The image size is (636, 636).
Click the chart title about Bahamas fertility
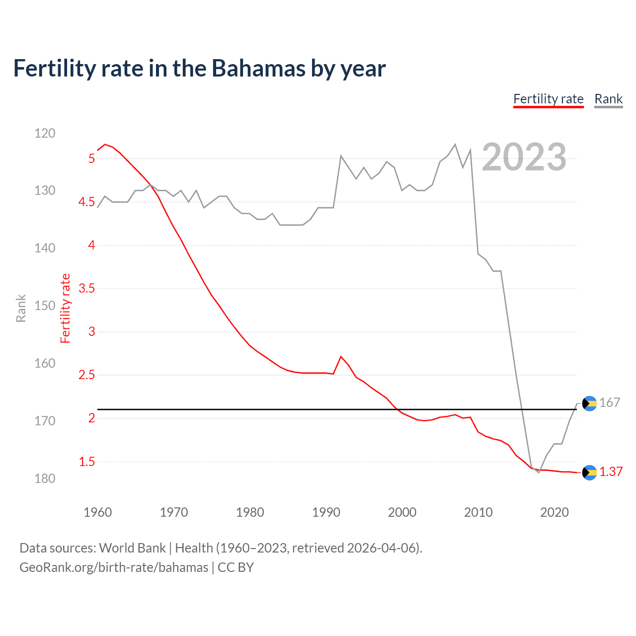click(x=199, y=69)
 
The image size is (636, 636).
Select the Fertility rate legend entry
click(x=548, y=99)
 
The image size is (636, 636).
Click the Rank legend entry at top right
click(x=608, y=99)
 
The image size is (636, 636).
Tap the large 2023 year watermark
click(x=524, y=157)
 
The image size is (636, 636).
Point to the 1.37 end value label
click(x=611, y=472)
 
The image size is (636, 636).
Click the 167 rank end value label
click(x=609, y=402)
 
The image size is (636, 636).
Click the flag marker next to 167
click(x=589, y=403)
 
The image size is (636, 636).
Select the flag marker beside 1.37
click(x=589, y=473)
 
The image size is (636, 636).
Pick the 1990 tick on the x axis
click(x=326, y=512)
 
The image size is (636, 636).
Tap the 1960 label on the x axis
click(x=98, y=512)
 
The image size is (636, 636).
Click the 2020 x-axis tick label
click(x=554, y=512)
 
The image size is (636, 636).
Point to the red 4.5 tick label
click(x=86, y=202)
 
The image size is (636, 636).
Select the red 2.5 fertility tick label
click(x=86, y=375)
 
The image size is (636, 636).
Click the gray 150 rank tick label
click(x=45, y=306)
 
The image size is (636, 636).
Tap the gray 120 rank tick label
click(x=45, y=133)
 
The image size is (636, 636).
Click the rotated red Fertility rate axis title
click(x=66, y=308)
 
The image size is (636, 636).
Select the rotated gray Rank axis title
click(x=21, y=308)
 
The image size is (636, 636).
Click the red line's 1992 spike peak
click(x=341, y=356)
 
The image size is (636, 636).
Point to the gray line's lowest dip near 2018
click(x=539, y=472)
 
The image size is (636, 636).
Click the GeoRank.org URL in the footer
click(x=114, y=567)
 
